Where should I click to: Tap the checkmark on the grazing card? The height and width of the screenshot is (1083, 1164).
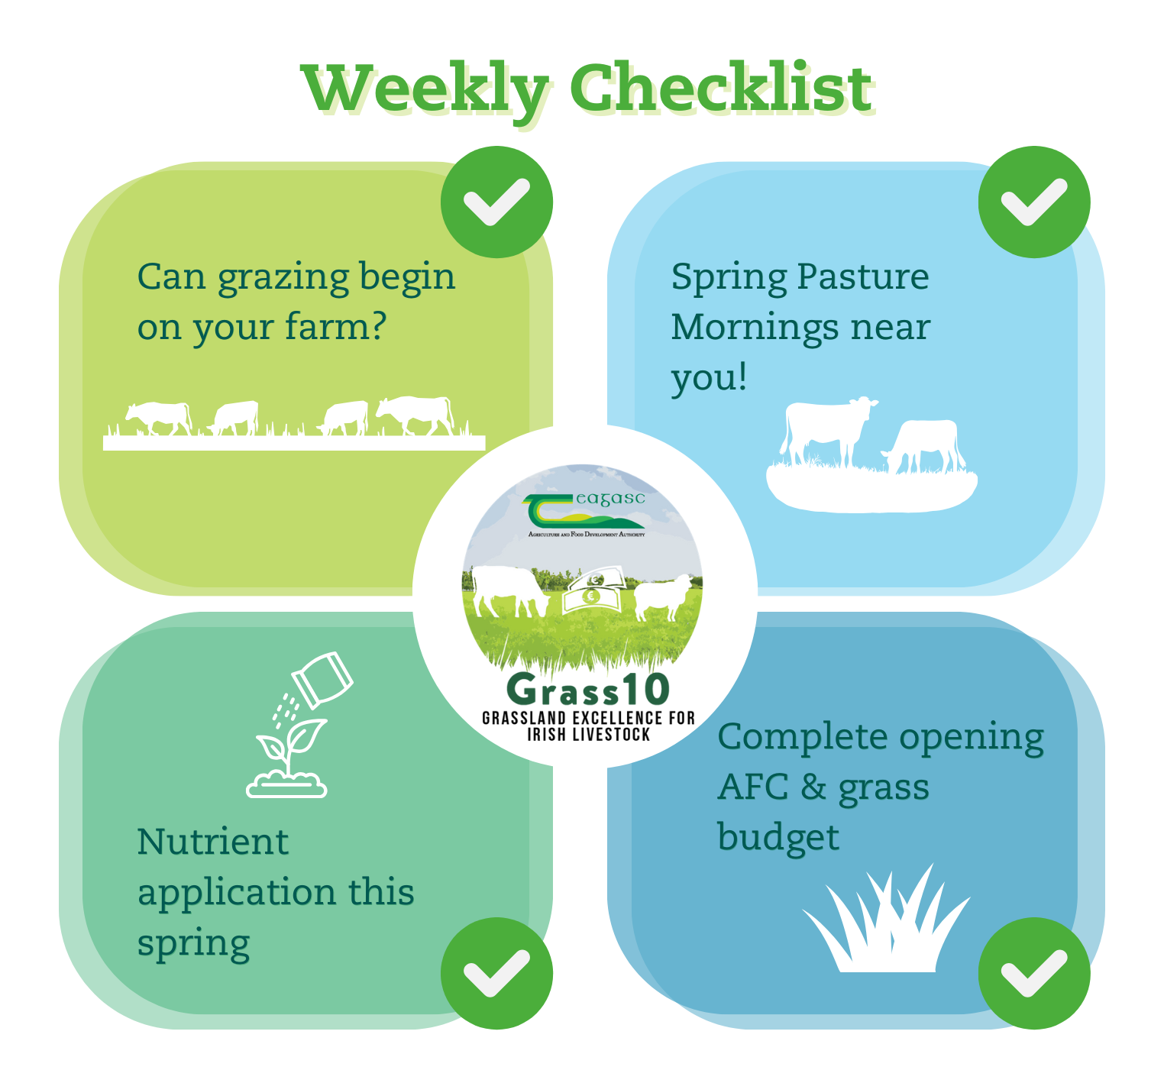tap(496, 202)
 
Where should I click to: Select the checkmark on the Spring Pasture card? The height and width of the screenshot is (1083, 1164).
tap(1034, 202)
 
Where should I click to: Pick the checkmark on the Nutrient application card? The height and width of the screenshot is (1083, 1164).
tap(496, 973)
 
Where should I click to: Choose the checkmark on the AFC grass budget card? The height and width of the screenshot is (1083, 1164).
tap(1034, 973)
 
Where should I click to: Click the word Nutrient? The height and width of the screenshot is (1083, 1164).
tap(213, 842)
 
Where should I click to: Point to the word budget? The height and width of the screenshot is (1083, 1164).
tap(778, 839)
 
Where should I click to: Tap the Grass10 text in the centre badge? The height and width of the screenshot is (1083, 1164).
tap(587, 690)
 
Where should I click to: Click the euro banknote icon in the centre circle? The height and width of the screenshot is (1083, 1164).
tap(591, 592)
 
